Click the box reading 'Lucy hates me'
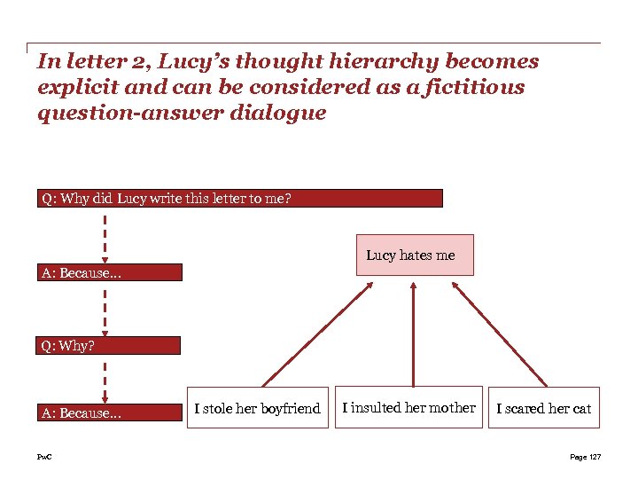click(414, 255)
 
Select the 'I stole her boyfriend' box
click(257, 408)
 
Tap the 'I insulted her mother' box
click(409, 407)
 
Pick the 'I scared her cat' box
click(543, 408)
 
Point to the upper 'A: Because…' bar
click(111, 272)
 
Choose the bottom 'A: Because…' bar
click(111, 412)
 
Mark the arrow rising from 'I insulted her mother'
click(413, 333)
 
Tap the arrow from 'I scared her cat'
click(497, 333)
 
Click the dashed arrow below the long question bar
click(105, 235)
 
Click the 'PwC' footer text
click(44, 457)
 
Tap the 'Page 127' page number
click(585, 457)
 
